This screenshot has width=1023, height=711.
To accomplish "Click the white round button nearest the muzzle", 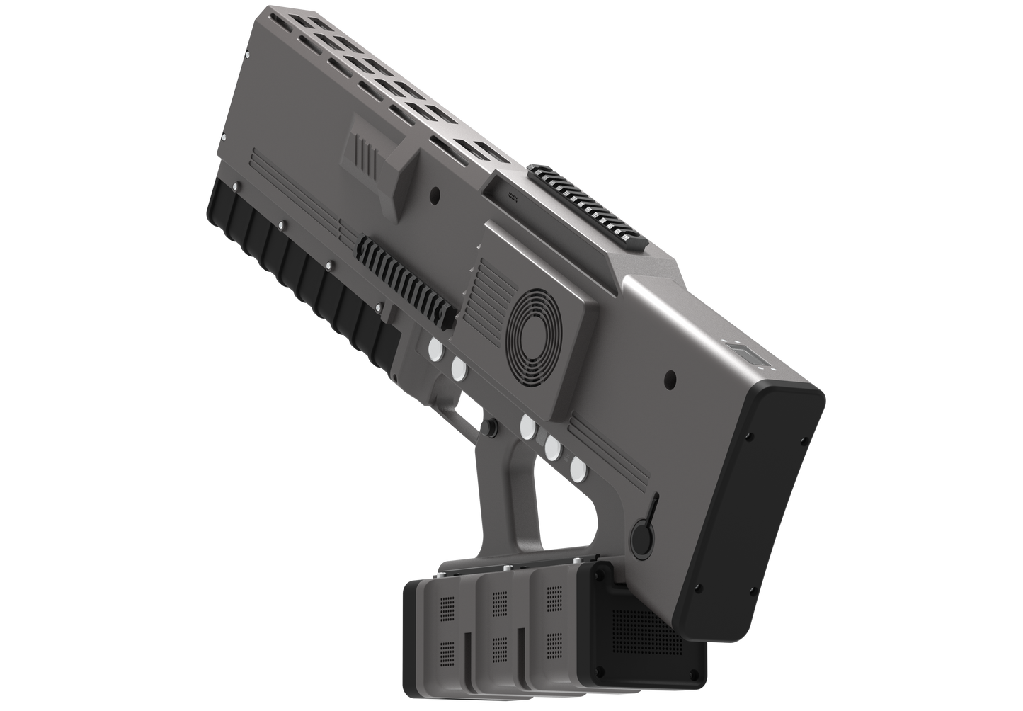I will [x=433, y=348].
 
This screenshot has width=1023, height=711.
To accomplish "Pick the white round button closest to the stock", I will [x=578, y=467].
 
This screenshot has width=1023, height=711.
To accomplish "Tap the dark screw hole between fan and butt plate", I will [x=670, y=377].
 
